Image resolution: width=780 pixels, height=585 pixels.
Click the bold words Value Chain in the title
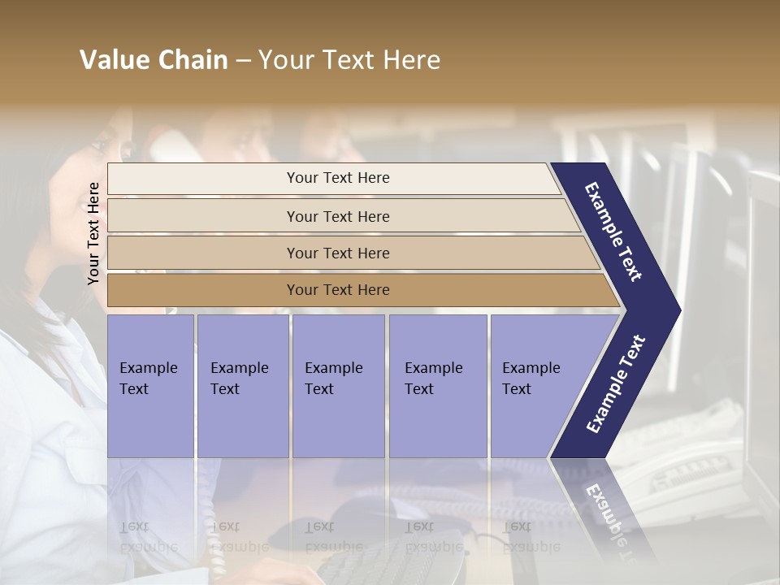click(x=154, y=60)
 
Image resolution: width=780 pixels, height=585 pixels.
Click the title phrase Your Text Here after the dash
click(x=349, y=60)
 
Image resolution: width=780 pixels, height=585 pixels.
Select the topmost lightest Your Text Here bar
click(x=337, y=178)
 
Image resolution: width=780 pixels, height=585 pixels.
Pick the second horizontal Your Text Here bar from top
click(x=337, y=216)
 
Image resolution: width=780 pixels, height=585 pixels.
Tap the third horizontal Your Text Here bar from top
click(x=337, y=253)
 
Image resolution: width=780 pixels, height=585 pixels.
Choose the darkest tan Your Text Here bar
click(x=337, y=290)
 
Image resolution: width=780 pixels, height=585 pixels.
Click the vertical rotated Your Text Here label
click(x=93, y=233)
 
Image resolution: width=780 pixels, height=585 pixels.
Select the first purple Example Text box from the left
click(x=150, y=385)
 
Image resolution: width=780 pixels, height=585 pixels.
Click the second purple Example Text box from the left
click(x=242, y=385)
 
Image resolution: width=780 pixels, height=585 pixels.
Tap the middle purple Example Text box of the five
click(x=338, y=385)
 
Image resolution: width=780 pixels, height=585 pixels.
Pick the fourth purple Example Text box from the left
click(x=437, y=385)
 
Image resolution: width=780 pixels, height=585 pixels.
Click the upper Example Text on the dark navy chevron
click(x=613, y=232)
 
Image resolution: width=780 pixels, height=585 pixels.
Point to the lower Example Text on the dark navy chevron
click(x=616, y=383)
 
